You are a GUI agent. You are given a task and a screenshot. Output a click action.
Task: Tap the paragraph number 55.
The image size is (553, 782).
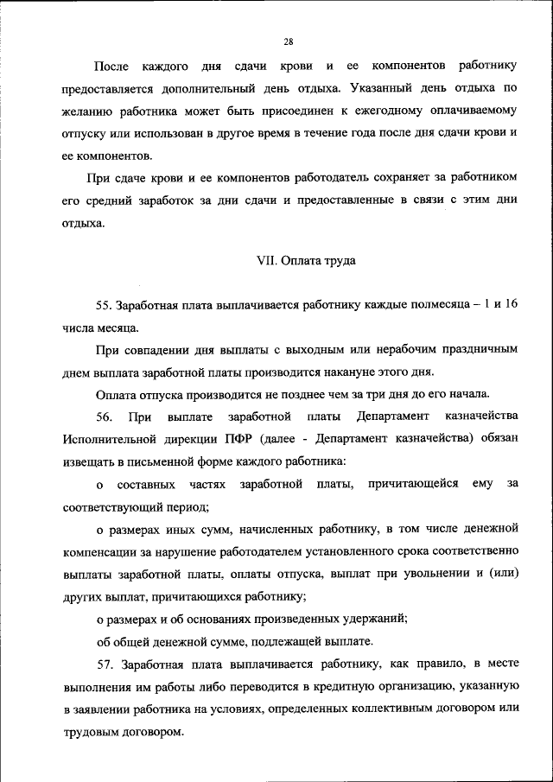[105, 305]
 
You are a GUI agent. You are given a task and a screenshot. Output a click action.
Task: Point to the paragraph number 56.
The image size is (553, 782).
[104, 417]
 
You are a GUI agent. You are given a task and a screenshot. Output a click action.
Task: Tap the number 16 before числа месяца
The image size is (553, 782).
[511, 305]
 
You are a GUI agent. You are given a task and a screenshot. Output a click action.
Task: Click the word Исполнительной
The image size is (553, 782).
[107, 439]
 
